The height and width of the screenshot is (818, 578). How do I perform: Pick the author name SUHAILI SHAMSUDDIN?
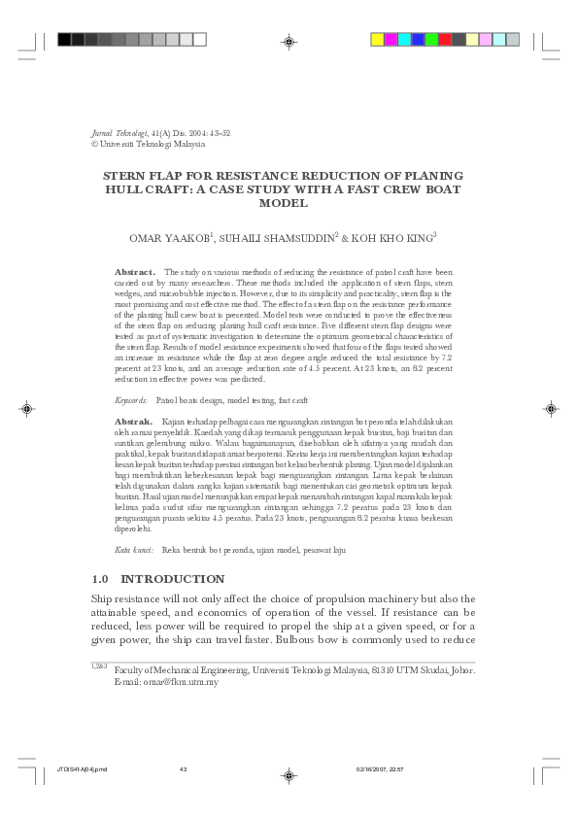coord(277,236)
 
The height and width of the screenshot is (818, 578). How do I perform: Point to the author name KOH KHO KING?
coord(391,236)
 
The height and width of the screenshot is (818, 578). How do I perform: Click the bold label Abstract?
coord(129,273)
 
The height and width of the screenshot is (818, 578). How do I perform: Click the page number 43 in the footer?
coord(183,769)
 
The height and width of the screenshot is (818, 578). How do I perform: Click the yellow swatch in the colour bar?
coord(378,40)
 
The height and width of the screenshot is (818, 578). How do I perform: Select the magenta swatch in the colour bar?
coord(391,40)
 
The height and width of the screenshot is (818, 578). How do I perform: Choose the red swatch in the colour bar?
coord(445,40)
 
